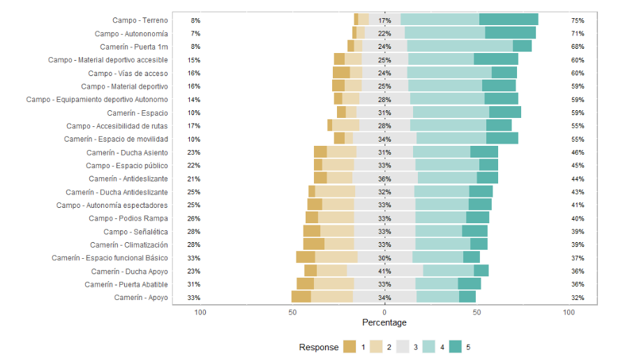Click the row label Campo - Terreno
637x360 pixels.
tap(140, 20)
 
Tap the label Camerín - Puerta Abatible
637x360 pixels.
tap(126, 285)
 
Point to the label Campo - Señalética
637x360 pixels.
tap(135, 232)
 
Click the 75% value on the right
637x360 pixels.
tap(577, 20)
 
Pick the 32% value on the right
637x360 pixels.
tap(577, 298)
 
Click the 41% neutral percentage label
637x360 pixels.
tap(384, 271)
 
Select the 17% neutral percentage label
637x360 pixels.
tap(384, 20)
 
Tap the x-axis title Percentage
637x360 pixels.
tap(384, 323)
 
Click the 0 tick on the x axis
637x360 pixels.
tap(384, 313)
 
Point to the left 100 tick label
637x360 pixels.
tap(200, 313)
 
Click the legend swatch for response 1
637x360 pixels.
tap(350, 347)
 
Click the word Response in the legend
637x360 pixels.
tap(318, 347)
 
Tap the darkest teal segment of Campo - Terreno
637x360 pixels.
tap(509, 20)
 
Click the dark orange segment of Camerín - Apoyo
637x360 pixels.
tap(301, 297)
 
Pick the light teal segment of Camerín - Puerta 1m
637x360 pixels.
tap(460, 46)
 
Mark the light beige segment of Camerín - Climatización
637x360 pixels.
tap(339, 244)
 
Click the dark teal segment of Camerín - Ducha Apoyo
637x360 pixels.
tap(481, 271)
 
